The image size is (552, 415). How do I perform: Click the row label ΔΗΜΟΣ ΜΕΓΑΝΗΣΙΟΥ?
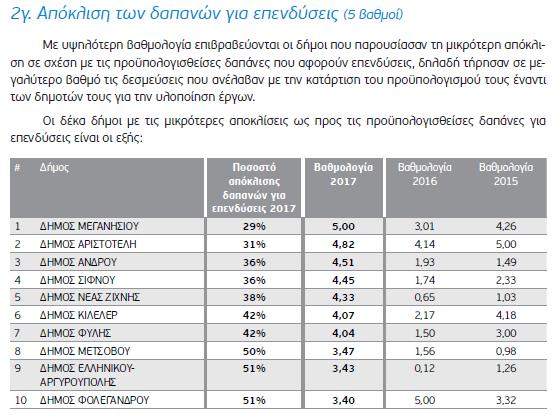tap(89, 226)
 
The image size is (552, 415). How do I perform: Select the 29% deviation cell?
tap(254, 226)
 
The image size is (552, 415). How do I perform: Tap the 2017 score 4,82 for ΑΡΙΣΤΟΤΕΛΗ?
tap(343, 244)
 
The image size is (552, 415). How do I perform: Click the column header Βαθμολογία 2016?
tap(425, 174)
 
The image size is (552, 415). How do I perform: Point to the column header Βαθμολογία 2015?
tap(506, 174)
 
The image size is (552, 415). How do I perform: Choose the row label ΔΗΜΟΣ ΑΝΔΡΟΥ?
tap(78, 262)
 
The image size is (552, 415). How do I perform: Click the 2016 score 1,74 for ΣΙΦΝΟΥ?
tap(425, 280)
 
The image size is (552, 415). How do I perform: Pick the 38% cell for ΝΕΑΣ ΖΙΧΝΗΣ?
tap(254, 297)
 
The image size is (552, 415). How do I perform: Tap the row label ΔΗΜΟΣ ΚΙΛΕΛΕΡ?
tap(79, 315)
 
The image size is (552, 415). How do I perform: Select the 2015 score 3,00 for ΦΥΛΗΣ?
tap(506, 333)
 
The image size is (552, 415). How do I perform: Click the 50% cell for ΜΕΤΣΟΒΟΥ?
tap(254, 351)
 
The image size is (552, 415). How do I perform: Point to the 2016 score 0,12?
tap(425, 369)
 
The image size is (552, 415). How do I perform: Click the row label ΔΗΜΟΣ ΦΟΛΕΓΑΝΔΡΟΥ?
tap(94, 400)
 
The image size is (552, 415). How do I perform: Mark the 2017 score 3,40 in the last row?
tap(343, 400)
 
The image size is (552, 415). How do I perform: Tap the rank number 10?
tap(21, 400)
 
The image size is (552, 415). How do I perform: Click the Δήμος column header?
tap(54, 168)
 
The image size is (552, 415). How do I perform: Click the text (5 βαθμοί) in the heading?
tap(374, 15)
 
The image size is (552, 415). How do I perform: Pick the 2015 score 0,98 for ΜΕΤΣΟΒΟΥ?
tap(506, 351)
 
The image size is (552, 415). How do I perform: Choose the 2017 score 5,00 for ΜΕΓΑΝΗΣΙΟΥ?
tap(343, 226)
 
